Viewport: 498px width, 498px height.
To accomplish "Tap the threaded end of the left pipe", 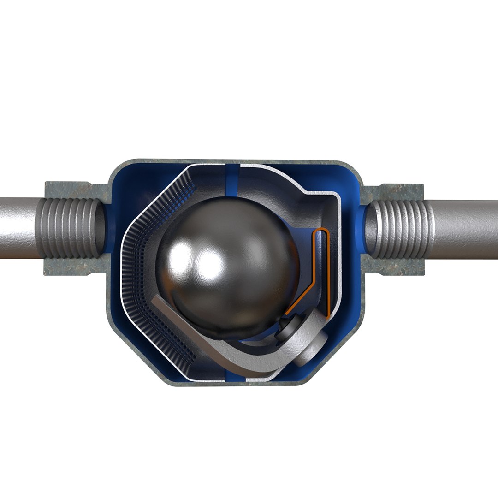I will tap(70, 228).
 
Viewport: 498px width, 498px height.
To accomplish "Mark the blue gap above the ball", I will tap(232, 178).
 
